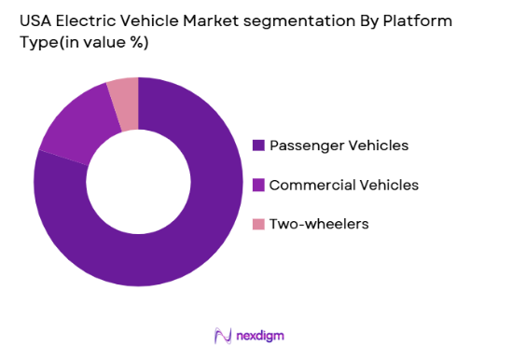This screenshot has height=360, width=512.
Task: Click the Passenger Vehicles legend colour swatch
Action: [x=258, y=145]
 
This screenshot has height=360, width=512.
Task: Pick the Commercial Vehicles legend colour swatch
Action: [x=258, y=185]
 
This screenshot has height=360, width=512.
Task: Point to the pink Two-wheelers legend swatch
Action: [x=258, y=224]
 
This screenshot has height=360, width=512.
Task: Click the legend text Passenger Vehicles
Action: [x=339, y=145]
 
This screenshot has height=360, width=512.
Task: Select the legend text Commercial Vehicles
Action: [x=343, y=185]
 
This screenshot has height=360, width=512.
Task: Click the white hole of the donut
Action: [x=138, y=182]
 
